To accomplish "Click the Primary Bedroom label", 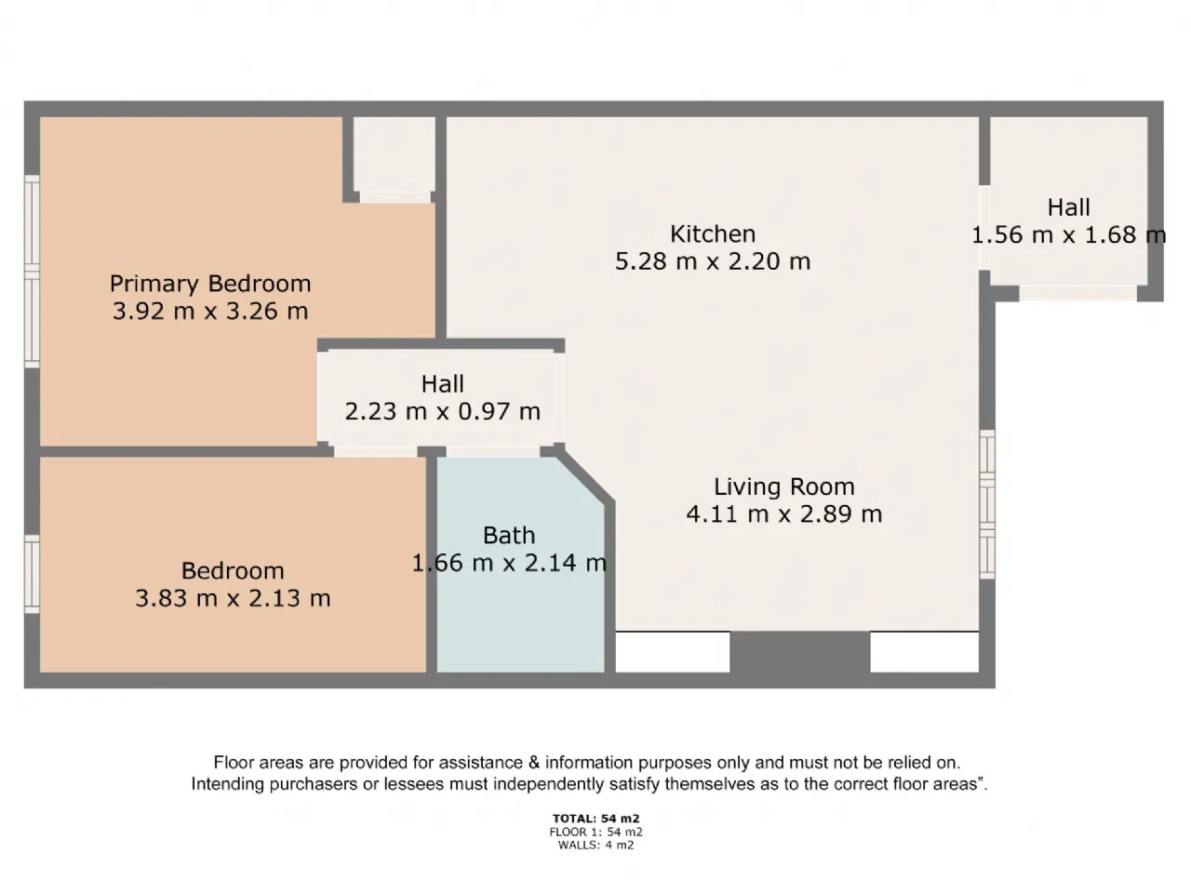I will (209, 284).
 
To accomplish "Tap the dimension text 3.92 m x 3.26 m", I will (209, 311).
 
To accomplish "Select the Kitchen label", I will (713, 234).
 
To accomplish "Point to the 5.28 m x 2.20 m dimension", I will (713, 261).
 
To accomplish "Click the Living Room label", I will (783, 486).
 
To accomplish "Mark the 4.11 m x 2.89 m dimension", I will (783, 513).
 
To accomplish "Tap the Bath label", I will (509, 536).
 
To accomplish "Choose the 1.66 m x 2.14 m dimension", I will (509, 563).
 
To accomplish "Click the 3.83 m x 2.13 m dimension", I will (233, 598).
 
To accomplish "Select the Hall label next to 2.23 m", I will (442, 384).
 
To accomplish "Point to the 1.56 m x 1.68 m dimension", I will (1068, 234).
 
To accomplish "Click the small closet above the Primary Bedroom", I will (395, 154).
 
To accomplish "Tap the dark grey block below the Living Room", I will (799, 652).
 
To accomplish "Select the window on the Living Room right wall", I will (986, 504).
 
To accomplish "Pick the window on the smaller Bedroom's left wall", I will (32, 573).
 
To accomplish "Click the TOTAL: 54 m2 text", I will (595, 820).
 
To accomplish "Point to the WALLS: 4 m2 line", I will (595, 846).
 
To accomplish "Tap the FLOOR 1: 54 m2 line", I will (595, 833).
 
